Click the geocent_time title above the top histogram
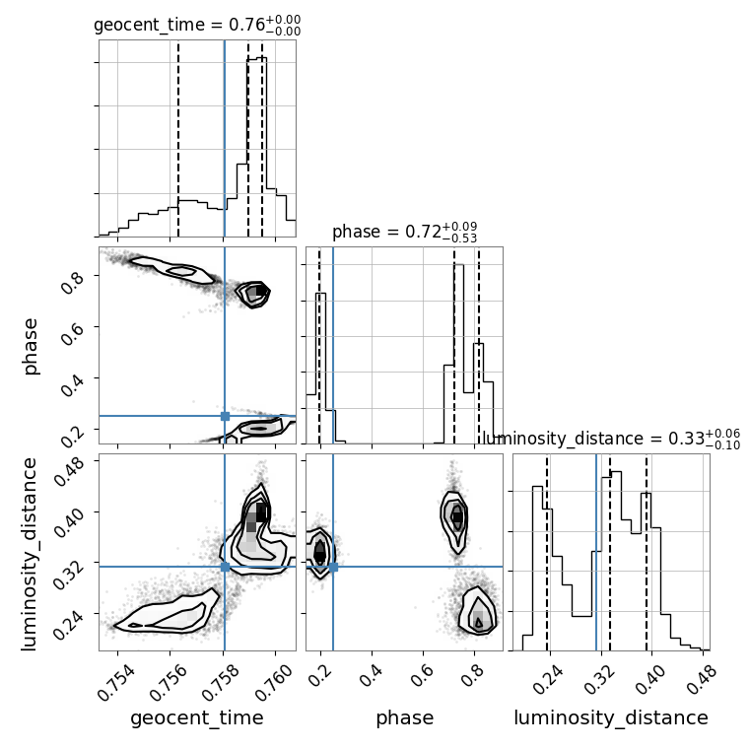pyautogui.click(x=197, y=25)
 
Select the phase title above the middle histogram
pyautogui.click(x=405, y=232)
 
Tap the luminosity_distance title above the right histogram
pyautogui.click(x=611, y=439)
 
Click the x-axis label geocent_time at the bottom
pyautogui.click(x=197, y=717)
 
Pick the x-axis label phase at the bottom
pyautogui.click(x=405, y=717)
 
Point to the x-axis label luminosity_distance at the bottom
pyautogui.click(x=611, y=717)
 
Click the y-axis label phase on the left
pyautogui.click(x=30, y=347)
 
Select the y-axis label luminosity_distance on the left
pyautogui.click(x=29, y=554)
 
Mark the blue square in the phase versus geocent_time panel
pyautogui.click(x=225, y=416)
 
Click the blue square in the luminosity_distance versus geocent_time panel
pyautogui.click(x=225, y=567)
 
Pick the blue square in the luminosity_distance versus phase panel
pyautogui.click(x=333, y=567)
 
